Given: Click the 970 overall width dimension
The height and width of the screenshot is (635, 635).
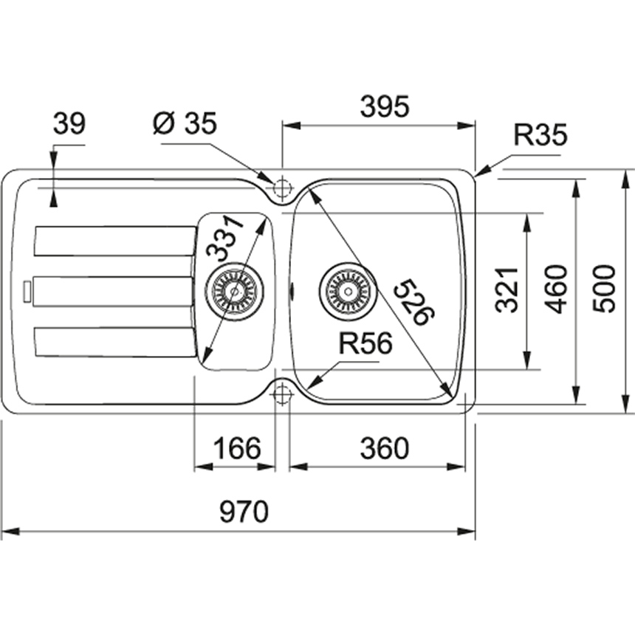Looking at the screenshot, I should pos(244,511).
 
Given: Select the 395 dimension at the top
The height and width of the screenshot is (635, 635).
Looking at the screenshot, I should pos(385,107).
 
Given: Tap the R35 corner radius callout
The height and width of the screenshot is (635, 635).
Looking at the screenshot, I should pos(540,136).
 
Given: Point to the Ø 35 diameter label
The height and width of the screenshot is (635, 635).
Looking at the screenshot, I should pos(185,124).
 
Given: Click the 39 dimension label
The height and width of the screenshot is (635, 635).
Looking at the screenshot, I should pos(69,124).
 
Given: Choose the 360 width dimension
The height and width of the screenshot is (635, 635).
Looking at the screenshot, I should pos(384,448).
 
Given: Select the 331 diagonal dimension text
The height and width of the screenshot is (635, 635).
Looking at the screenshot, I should pos(224,238).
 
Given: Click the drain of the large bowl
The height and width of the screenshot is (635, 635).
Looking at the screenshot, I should pos(349,289).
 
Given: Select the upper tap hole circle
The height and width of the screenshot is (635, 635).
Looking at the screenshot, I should pos(281,186).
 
